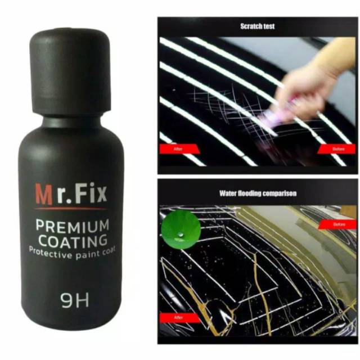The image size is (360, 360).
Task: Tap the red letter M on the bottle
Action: (44, 194)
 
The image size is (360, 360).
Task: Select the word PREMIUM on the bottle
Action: (72, 226)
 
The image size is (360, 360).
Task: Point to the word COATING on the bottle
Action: (72, 241)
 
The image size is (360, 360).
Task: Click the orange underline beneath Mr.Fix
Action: (70, 209)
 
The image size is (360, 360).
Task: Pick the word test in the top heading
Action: (269, 26)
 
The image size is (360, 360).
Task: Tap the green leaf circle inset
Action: (181, 229)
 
